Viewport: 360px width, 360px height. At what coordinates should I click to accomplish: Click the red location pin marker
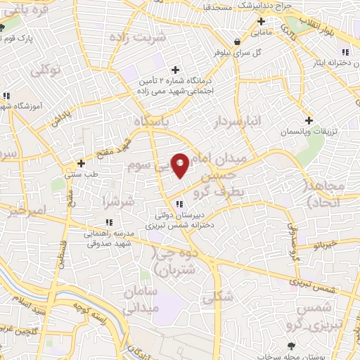coord(180,165)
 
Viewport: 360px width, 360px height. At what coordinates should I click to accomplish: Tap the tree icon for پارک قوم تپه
coord(4,27)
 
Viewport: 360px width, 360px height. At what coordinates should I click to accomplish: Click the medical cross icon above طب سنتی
coord(82,163)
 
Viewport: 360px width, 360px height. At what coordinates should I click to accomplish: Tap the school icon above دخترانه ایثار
coord(345,52)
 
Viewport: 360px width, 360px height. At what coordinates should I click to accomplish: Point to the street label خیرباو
coord(326,245)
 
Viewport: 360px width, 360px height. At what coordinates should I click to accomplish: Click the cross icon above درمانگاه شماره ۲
coord(174,70)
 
